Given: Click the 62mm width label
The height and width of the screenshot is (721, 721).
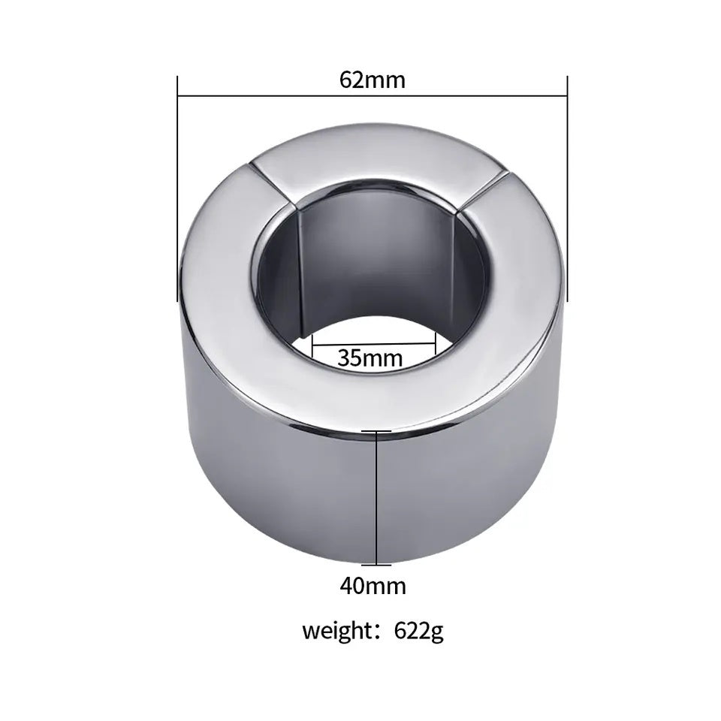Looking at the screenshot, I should click(x=372, y=79).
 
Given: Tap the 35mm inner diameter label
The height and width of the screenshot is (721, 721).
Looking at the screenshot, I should click(x=370, y=357).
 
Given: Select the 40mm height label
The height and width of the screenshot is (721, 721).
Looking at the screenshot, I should click(x=373, y=585).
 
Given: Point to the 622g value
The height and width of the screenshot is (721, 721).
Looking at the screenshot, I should click(x=419, y=631).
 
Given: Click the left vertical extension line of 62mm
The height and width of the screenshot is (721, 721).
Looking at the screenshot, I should click(x=177, y=188).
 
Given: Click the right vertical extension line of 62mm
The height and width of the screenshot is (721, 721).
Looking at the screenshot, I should click(x=567, y=188).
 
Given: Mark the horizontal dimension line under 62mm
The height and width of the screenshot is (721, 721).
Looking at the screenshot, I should click(x=372, y=96).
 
